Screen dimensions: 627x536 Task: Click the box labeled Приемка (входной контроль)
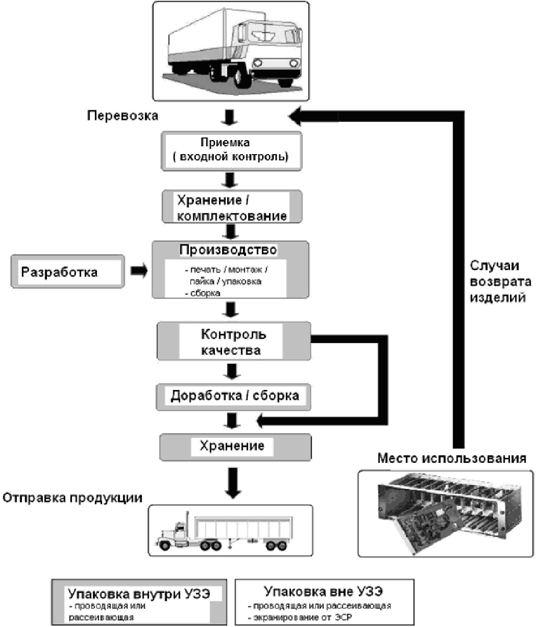[x=232, y=150]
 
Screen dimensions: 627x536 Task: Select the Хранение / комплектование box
[x=232, y=208]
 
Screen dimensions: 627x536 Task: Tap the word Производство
[x=228, y=250]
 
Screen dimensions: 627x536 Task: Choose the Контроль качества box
[x=233, y=342]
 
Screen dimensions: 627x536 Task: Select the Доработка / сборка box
[x=235, y=396]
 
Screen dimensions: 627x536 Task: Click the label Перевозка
[x=123, y=115]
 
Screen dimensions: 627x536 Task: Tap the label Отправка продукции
[x=72, y=497]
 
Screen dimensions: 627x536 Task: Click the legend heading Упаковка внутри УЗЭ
[x=139, y=593]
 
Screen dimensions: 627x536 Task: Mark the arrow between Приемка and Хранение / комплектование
[x=230, y=180]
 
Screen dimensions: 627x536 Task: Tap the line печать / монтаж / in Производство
[x=228, y=270]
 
